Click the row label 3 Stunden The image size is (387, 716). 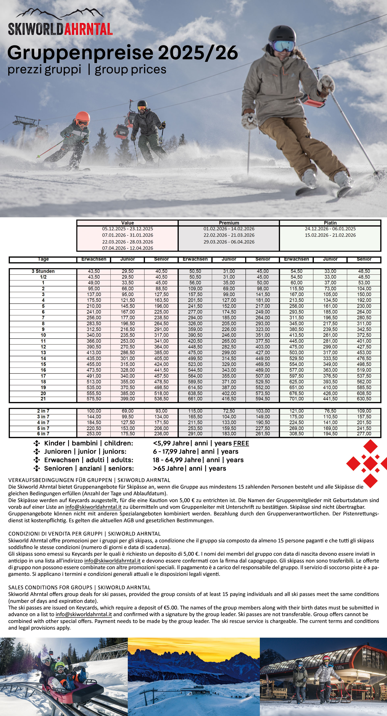(x=43, y=271)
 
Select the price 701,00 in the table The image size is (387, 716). (x=296, y=399)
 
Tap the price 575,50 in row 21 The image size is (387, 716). (x=94, y=399)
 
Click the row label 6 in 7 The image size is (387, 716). (x=43, y=434)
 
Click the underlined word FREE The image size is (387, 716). (x=241, y=443)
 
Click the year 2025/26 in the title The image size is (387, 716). (x=198, y=53)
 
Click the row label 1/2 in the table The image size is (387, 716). (x=43, y=277)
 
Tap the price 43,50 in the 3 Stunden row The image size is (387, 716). (x=94, y=271)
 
